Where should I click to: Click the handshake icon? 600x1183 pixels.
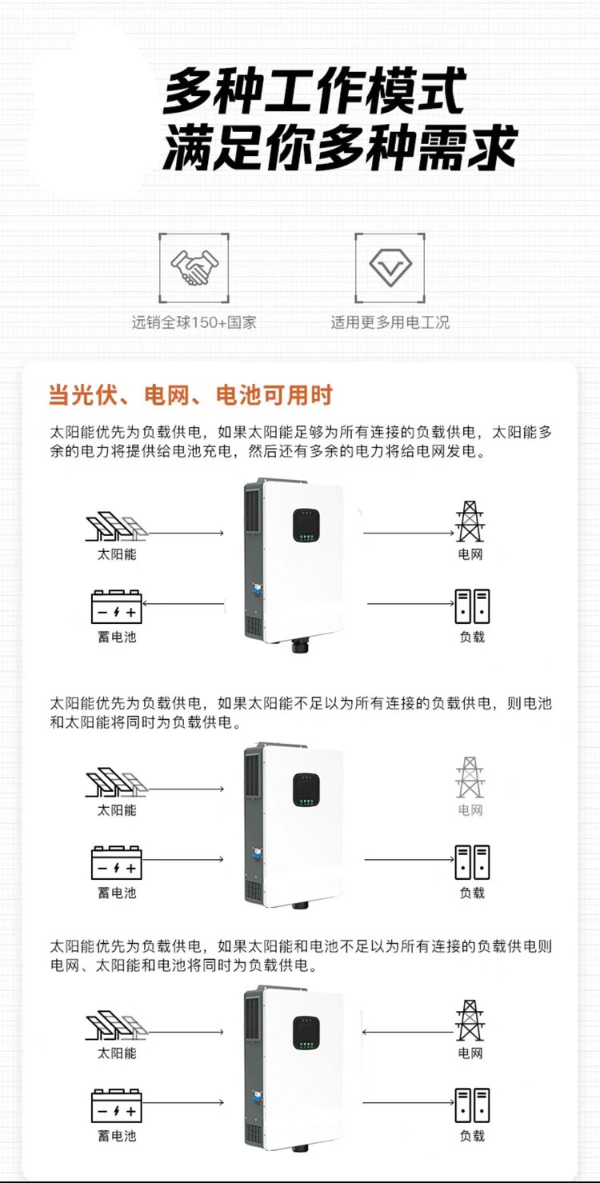pos(194,267)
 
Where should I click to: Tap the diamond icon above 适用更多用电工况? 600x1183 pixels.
pos(390,267)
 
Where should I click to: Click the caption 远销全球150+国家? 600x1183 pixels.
pos(194,322)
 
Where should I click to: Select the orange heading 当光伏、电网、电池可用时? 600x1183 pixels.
pos(190,395)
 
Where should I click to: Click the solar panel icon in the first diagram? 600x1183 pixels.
pos(117,526)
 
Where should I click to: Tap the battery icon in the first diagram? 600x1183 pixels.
pos(117,607)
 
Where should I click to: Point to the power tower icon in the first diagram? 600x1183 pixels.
pos(470,522)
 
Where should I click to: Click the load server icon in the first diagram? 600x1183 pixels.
pos(472,606)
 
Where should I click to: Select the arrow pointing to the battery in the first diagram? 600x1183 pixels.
pos(183,603)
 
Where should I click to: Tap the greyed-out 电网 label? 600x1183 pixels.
pos(470,810)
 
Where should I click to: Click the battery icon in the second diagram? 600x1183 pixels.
pos(117,862)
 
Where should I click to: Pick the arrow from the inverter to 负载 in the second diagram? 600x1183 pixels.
pos(410,859)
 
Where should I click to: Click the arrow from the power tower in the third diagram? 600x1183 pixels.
pos(408,1032)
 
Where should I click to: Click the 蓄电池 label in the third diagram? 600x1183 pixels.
pos(117,1136)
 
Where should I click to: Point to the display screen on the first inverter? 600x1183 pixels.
pos(306,526)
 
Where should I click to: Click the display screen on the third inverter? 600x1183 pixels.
pos(306,1033)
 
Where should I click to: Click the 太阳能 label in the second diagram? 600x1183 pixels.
pos(117,810)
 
